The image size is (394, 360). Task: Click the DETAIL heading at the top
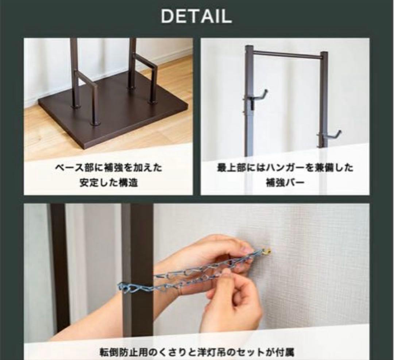pos(196,16)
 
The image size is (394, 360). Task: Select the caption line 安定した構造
pos(108,182)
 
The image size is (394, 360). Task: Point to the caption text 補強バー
pos(285,182)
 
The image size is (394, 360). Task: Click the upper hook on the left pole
pos(259,96)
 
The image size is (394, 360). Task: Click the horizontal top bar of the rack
pos(286,55)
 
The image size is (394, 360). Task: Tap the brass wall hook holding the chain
pos(268,251)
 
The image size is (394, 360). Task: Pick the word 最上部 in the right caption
pos(227,168)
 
